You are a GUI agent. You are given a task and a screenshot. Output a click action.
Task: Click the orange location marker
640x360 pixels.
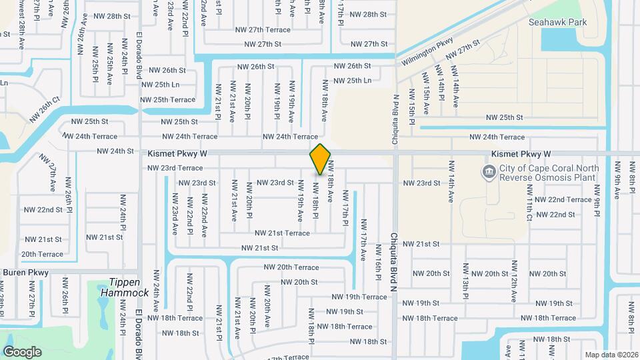pos(321,159)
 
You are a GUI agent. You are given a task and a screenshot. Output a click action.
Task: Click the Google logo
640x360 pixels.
pos(22,351)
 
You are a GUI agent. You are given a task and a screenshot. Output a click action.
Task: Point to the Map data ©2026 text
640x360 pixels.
pos(611,354)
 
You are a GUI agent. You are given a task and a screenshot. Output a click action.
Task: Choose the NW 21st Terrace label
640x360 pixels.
pos(282,233)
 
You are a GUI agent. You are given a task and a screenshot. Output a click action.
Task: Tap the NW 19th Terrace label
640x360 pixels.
pos(359,297)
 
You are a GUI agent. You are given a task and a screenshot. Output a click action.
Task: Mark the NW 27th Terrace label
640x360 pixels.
pos(263,30)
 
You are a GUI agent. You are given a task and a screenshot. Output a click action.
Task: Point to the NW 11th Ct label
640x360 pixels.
pos(529,209)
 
